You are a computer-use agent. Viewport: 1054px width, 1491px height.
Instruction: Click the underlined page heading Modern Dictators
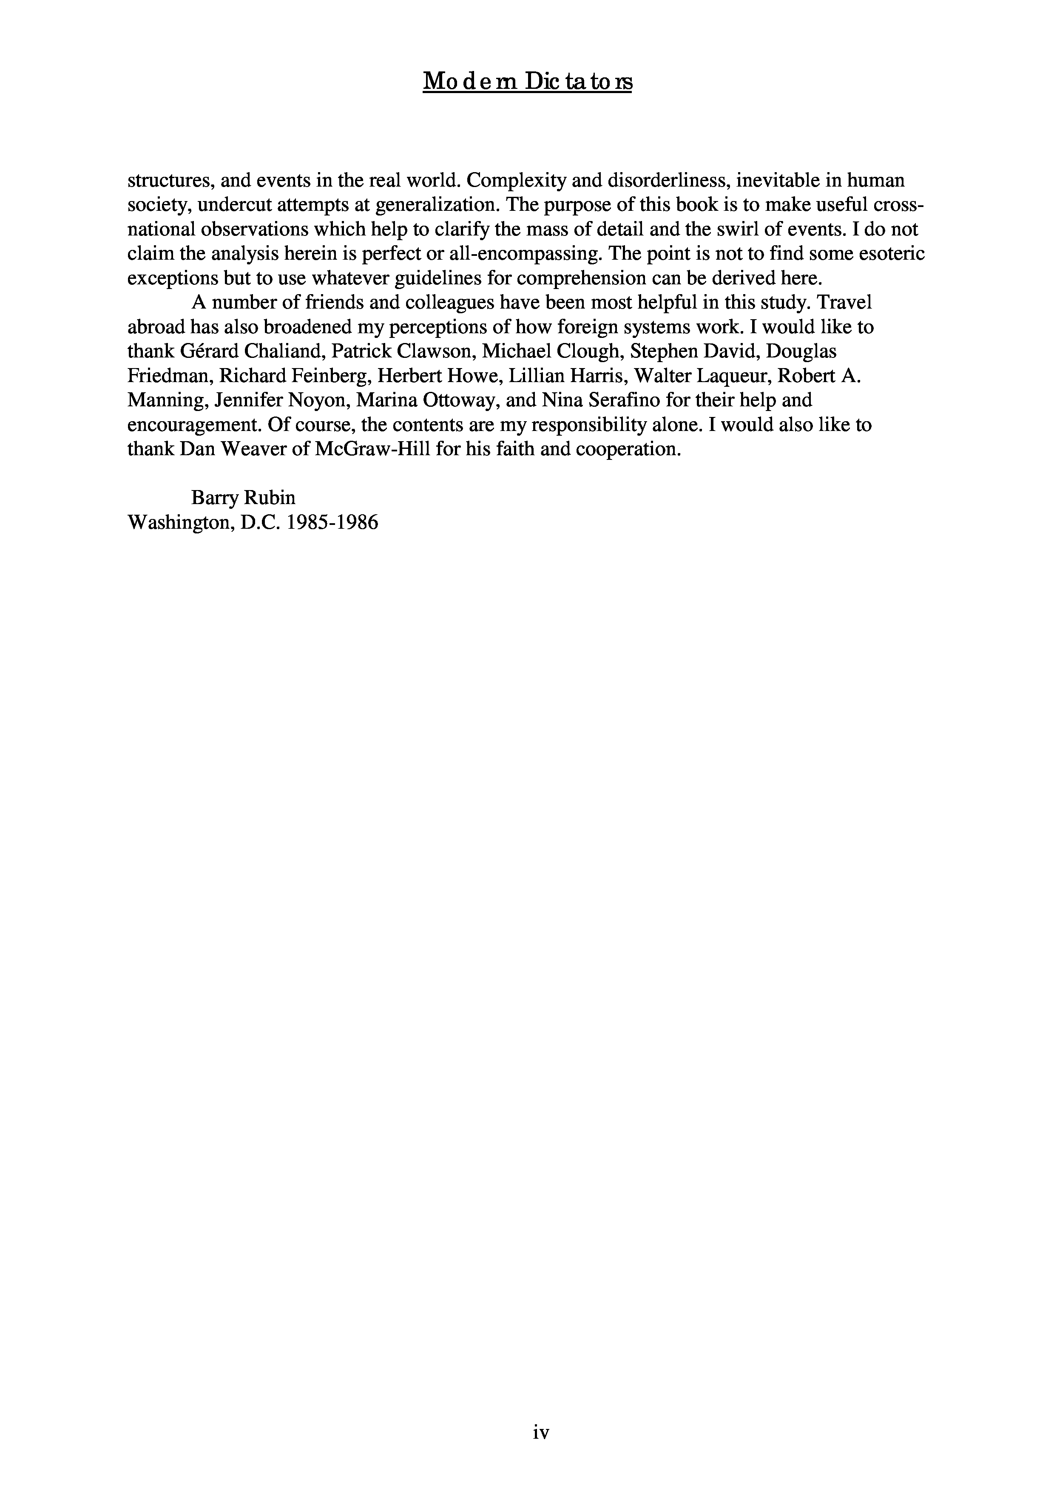tap(527, 82)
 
